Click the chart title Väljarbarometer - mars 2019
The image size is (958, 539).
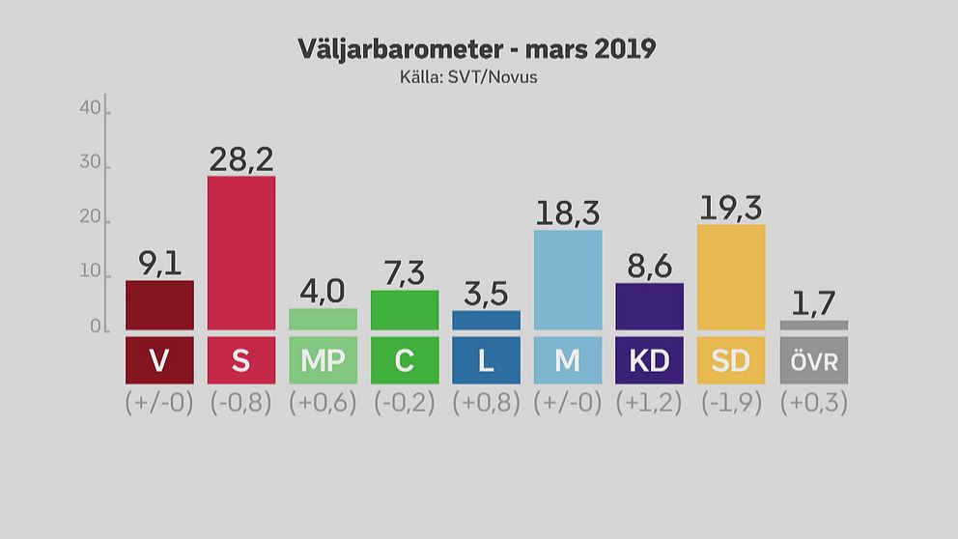coord(477,49)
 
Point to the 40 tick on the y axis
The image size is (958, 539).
coord(91,109)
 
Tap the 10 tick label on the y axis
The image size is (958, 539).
coord(91,273)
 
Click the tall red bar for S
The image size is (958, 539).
coord(241,253)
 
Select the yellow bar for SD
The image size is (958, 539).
coord(731,277)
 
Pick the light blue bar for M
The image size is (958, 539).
coord(568,280)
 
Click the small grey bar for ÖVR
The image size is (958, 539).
coord(813,326)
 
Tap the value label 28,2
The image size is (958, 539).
coord(241,158)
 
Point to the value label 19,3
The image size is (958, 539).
coord(731,207)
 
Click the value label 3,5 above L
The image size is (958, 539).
coord(486,294)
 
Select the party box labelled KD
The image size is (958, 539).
coord(649,360)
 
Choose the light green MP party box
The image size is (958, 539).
coord(323,360)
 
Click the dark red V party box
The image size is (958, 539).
coord(159,360)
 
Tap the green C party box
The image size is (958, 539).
coord(405,360)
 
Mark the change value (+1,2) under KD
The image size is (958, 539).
coord(649,403)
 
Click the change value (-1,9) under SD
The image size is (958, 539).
coord(731,403)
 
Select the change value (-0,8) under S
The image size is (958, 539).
coord(241,403)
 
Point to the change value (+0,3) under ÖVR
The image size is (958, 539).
coord(813,403)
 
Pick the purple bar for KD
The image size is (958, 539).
coord(649,306)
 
